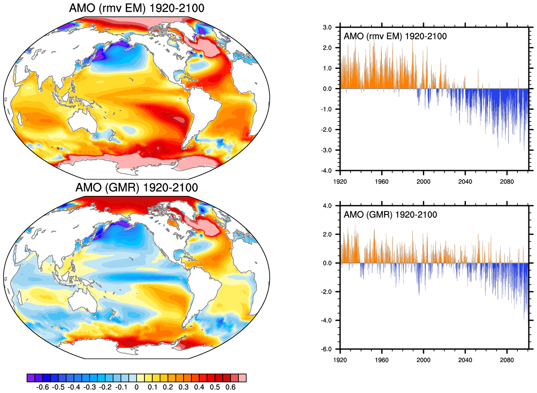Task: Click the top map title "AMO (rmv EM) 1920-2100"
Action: [x=137, y=8]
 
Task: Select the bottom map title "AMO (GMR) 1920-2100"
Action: [x=137, y=187]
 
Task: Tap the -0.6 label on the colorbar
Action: [x=42, y=387]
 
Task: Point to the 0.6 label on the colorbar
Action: [x=231, y=387]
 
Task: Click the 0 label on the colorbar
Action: [x=136, y=387]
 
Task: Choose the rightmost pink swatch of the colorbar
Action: [x=242, y=378]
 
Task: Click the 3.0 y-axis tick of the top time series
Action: [x=327, y=27]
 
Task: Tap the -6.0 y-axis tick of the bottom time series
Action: [x=326, y=349]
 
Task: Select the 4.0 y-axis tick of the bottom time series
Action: [x=327, y=206]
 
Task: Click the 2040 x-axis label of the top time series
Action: [x=465, y=181]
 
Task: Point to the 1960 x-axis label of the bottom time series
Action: [x=382, y=360]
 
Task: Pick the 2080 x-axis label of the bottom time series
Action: [x=506, y=360]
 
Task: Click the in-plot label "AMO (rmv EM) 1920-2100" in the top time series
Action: [x=395, y=36]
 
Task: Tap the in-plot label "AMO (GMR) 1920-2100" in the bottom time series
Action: [x=390, y=215]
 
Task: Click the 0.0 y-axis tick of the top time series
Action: [x=327, y=89]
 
